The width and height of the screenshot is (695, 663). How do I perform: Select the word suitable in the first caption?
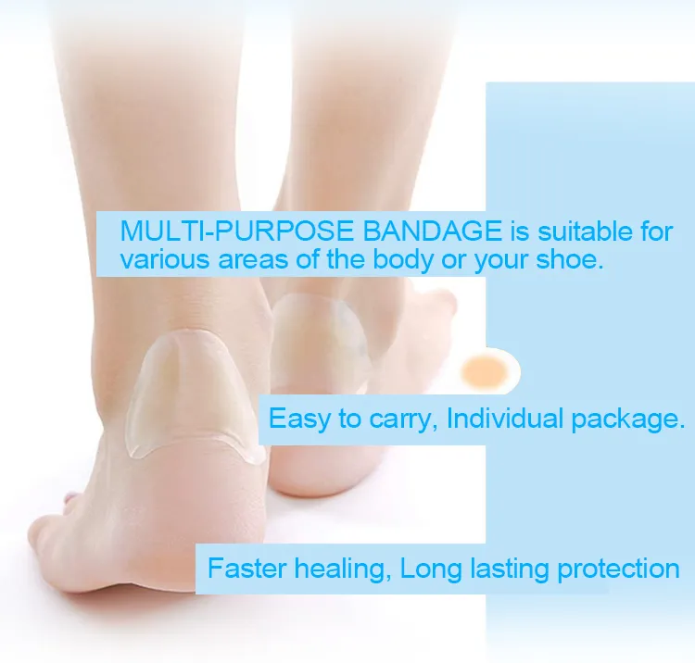point(575,231)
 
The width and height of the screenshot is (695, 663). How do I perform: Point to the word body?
point(403,259)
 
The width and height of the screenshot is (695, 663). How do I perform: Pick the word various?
point(165,259)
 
